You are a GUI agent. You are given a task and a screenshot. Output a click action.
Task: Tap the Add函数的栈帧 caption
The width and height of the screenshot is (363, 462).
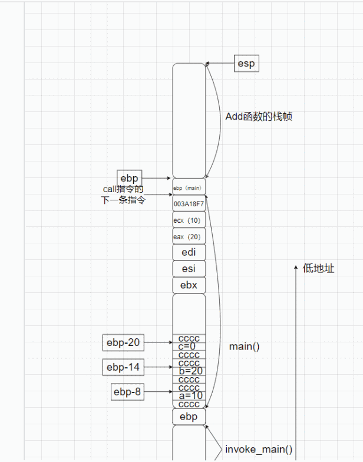pyautogui.click(x=259, y=117)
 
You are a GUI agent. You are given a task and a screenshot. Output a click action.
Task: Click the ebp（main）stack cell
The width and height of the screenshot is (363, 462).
pyautogui.click(x=189, y=187)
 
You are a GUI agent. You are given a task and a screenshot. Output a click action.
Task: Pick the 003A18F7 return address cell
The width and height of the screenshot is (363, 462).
pyautogui.click(x=189, y=204)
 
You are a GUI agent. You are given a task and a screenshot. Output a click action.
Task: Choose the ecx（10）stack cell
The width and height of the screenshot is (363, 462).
pyautogui.click(x=189, y=220)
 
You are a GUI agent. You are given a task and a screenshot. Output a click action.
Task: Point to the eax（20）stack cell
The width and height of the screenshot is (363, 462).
pyautogui.click(x=189, y=236)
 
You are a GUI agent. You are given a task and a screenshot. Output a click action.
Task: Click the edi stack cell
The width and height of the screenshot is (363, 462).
pyautogui.click(x=189, y=252)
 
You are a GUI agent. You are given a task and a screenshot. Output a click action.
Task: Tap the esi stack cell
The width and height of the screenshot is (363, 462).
pyautogui.click(x=189, y=269)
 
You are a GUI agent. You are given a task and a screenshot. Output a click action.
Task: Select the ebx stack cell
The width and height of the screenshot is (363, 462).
pyautogui.click(x=189, y=285)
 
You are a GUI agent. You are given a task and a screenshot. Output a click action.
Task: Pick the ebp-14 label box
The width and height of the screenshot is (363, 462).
pyautogui.click(x=123, y=367)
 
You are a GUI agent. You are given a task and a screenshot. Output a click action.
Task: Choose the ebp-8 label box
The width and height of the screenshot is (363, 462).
pyautogui.click(x=127, y=391)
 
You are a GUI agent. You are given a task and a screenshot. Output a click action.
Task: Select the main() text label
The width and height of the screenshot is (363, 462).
pyautogui.click(x=244, y=346)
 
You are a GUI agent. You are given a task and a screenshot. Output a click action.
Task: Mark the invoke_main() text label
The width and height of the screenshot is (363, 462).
pyautogui.click(x=259, y=450)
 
